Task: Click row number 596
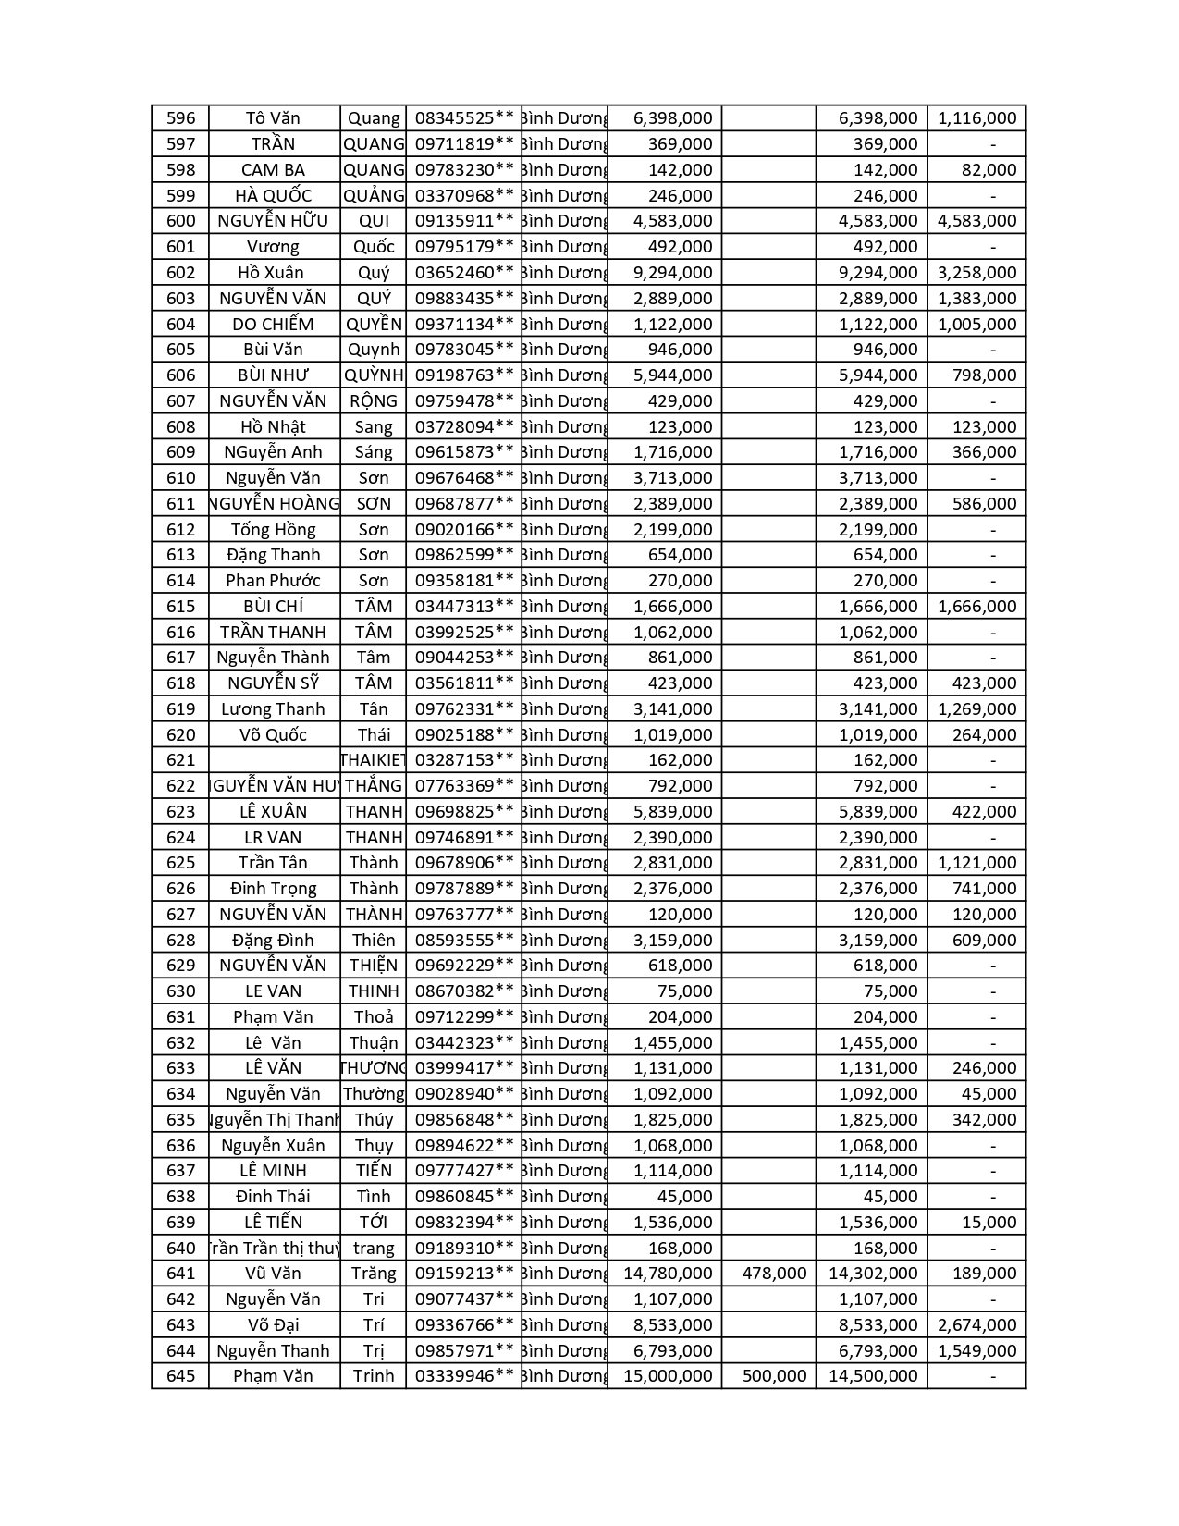coord(181,118)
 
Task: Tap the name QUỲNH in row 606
coord(374,375)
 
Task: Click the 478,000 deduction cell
coord(775,1274)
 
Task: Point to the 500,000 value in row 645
coord(775,1376)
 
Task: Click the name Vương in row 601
coord(273,247)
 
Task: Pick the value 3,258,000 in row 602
coord(976,273)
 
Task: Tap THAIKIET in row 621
coord(374,760)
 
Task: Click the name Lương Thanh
coord(273,709)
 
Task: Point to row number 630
coord(181,991)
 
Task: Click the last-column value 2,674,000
coord(976,1325)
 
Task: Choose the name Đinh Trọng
coord(273,889)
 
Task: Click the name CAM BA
coord(273,170)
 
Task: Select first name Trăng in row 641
coord(374,1274)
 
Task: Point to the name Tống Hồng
coord(273,530)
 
